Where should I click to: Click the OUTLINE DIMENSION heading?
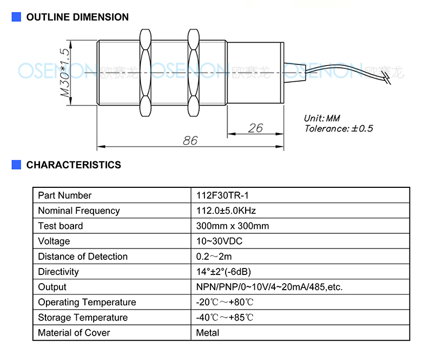(x=77, y=17)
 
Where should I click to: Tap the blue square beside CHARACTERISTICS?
(x=16, y=165)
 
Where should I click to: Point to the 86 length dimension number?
(x=190, y=140)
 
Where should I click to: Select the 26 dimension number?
(x=255, y=128)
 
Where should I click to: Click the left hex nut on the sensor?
(x=146, y=73)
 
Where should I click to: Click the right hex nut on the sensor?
(x=193, y=73)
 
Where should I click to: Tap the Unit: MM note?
(x=322, y=118)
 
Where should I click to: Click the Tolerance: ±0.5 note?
(x=339, y=128)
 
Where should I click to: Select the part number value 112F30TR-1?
(x=222, y=195)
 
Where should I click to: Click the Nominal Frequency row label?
(x=79, y=211)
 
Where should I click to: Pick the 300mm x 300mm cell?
(x=233, y=226)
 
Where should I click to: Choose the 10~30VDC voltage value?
(x=219, y=241)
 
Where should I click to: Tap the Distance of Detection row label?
(x=83, y=257)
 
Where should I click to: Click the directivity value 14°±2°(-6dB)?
(x=223, y=272)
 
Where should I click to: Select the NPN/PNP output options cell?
(x=269, y=287)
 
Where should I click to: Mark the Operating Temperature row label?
(x=87, y=303)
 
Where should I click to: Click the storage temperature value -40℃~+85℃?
(x=225, y=317)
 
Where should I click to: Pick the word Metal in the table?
(x=208, y=333)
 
